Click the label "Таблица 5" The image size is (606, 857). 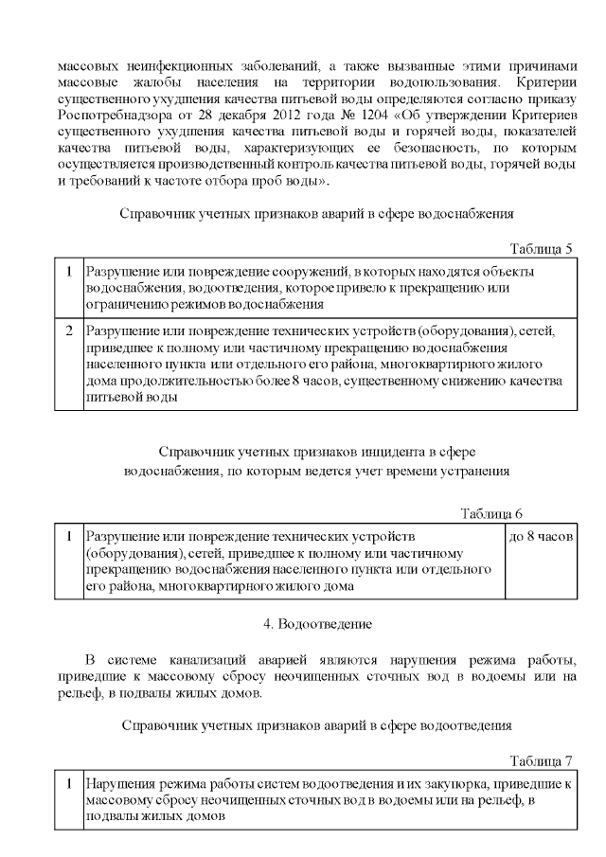point(541,249)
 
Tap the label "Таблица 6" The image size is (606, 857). point(491,514)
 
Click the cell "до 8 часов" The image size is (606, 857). point(540,536)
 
